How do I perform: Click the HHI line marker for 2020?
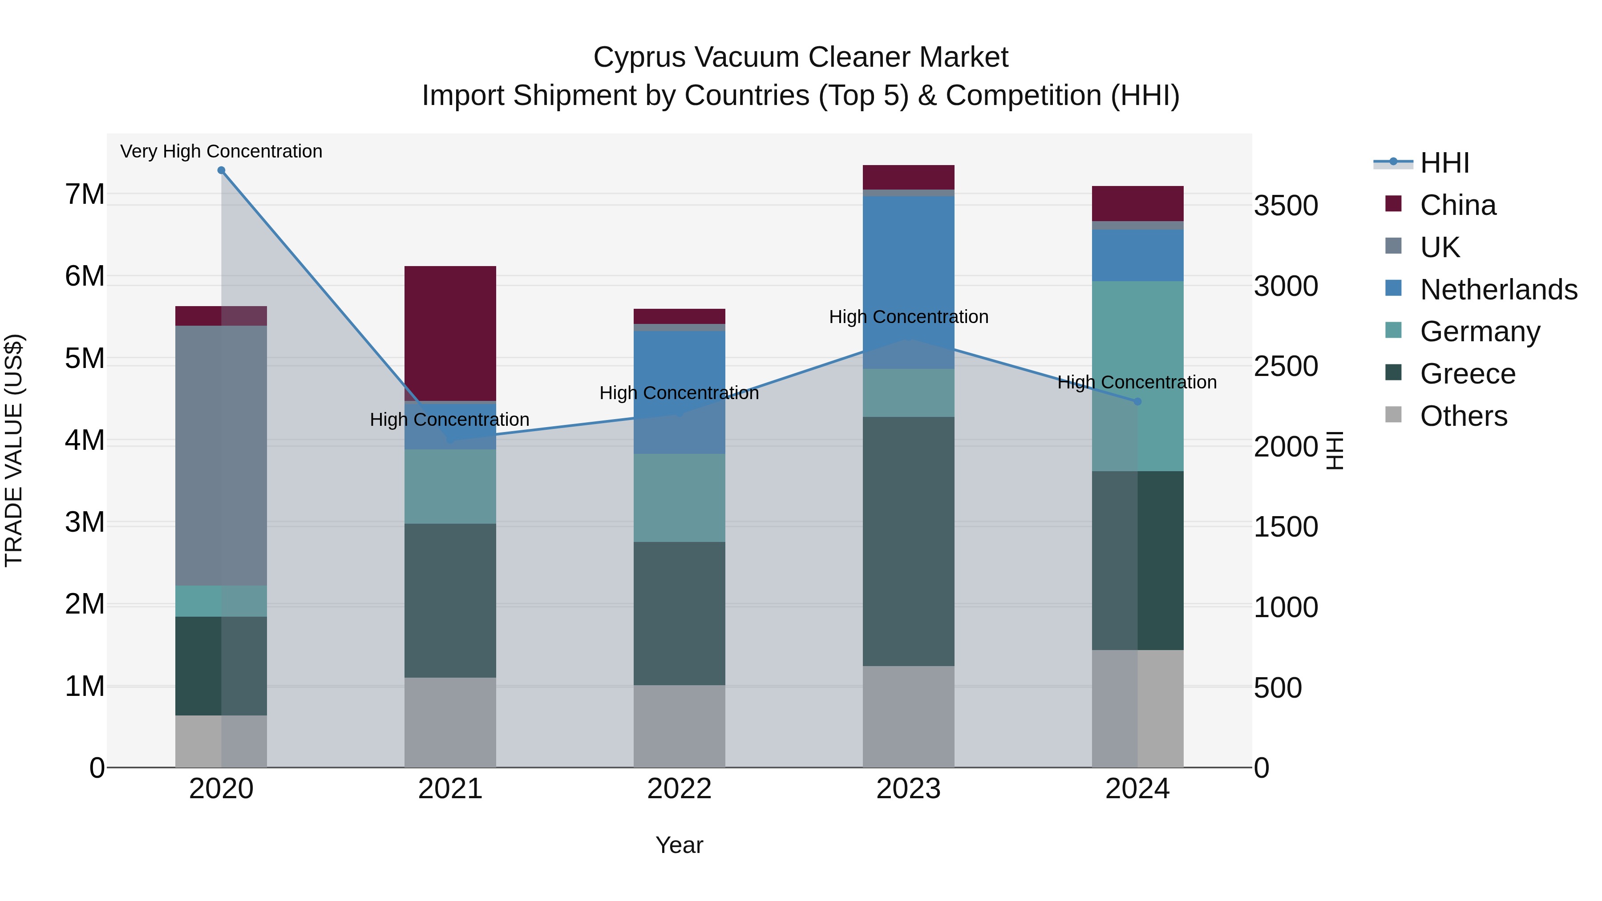click(222, 170)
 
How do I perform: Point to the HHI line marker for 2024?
click(1137, 402)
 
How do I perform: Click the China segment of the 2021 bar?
click(450, 333)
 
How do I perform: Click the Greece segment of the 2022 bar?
click(679, 613)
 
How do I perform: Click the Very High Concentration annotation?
click(222, 152)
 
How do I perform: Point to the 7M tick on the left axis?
click(85, 194)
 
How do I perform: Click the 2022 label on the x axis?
click(679, 789)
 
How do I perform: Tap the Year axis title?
click(679, 845)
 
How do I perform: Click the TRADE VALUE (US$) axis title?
click(14, 450)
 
